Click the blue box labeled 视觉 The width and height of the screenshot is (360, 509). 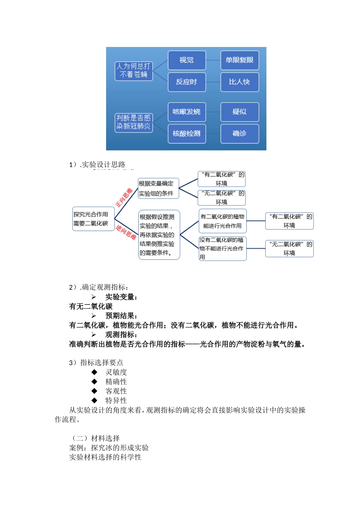186,60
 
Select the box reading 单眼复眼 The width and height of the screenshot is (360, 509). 239,60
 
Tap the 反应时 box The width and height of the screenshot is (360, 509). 186,82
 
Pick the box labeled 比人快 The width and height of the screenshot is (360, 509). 239,82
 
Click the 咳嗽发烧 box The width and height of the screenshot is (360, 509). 186,112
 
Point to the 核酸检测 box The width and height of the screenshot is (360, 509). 186,133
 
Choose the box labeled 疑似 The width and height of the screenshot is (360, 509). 239,112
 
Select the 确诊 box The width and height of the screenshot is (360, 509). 239,133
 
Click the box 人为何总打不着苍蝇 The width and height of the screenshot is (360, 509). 133,71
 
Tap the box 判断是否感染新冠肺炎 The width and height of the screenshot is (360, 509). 133,122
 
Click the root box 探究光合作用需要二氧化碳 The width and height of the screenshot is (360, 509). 93,219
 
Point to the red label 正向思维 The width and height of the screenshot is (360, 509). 124,197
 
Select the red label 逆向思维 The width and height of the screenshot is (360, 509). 126,232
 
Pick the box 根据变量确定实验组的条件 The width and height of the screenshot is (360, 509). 158,189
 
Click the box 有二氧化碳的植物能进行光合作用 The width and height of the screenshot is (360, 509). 222,221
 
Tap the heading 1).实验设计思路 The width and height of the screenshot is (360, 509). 97,164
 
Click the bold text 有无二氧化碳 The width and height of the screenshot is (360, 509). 91,306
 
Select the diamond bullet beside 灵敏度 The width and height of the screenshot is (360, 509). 94,372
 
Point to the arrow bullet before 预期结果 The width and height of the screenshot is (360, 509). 94,316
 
